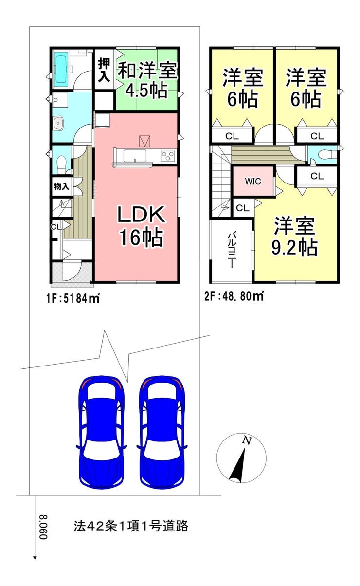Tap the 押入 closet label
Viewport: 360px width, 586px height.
click(104, 70)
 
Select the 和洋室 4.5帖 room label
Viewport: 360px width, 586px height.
click(147, 80)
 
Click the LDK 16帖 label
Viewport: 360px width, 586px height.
click(141, 226)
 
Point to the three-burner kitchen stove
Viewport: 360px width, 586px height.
click(167, 156)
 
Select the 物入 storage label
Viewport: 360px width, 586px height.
click(61, 186)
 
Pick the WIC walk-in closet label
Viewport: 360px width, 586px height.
click(253, 181)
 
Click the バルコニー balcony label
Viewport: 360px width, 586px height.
click(232, 250)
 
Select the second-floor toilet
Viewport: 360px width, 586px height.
click(326, 154)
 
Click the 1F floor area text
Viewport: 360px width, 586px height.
click(73, 298)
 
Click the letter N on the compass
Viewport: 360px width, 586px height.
click(246, 440)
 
